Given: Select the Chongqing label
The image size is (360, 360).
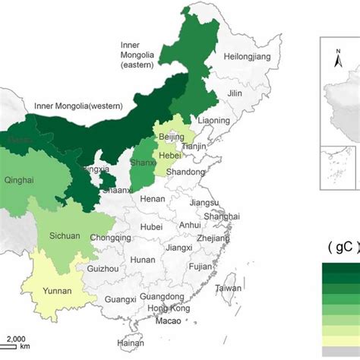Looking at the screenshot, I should point(111,236).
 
